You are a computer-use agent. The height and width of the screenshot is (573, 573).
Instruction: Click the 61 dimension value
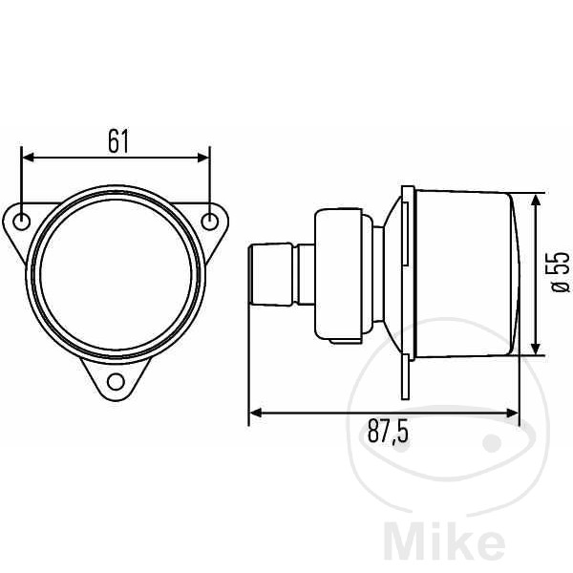[x=118, y=141]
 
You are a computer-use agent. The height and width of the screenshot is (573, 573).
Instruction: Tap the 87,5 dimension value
[x=388, y=432]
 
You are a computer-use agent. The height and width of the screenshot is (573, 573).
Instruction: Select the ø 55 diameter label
[x=561, y=272]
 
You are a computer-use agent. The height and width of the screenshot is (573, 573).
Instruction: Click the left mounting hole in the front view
[x=22, y=222]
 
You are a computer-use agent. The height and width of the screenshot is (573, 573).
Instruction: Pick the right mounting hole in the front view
[x=210, y=222]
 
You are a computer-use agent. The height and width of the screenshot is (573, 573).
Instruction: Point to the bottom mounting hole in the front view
[x=116, y=382]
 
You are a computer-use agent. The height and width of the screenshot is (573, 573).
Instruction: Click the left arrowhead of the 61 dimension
[x=28, y=158]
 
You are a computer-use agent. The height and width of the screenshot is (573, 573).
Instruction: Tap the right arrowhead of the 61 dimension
[x=203, y=158]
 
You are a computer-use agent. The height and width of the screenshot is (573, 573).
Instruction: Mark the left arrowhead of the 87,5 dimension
[x=256, y=413]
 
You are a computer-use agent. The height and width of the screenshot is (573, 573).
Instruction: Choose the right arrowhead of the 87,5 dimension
[x=512, y=413]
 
